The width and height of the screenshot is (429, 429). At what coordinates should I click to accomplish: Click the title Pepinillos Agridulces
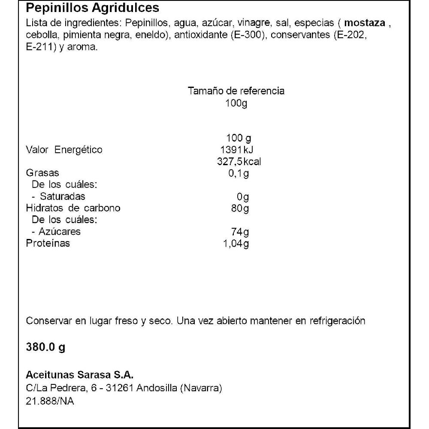coord(93,8)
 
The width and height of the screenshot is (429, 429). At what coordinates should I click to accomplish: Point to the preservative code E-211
coord(39,48)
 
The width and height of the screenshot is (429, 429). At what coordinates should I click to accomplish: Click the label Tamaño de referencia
coord(236,91)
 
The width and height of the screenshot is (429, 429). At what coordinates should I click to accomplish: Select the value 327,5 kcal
coord(240,162)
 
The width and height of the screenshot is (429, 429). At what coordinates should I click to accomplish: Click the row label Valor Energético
coord(64,150)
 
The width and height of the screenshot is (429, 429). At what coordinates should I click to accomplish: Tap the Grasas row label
coord(42,173)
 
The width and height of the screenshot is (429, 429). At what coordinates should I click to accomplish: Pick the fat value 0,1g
coord(239,173)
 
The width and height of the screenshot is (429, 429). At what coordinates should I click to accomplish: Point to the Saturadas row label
coord(62,196)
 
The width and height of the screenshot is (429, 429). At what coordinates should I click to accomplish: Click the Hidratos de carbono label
coord(73,208)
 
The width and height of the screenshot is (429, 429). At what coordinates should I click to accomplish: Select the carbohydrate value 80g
coord(240,208)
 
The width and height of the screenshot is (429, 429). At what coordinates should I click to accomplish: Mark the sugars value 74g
coord(240,232)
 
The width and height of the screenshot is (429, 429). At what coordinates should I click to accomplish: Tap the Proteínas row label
coord(48,244)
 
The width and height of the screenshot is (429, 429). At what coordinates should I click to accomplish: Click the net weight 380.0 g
coord(45,347)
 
